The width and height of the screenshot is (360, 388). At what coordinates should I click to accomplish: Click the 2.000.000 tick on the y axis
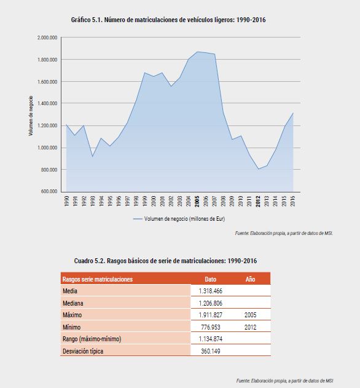(47, 38)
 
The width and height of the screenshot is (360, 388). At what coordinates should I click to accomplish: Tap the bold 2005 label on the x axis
(197, 202)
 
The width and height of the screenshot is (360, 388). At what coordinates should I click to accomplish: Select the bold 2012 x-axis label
(258, 202)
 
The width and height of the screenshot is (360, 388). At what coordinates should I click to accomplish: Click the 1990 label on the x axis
(66, 202)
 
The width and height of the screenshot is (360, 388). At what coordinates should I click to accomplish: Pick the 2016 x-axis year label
(293, 202)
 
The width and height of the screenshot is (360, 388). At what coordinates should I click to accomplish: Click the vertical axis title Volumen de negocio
(31, 116)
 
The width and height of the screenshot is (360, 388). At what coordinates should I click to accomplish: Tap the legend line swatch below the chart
(138, 219)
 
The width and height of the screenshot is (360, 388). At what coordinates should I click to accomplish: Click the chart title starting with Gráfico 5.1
(168, 20)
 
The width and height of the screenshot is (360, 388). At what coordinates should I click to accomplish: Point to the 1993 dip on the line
(93, 156)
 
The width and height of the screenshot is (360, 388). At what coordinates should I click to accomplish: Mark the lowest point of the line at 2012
(259, 169)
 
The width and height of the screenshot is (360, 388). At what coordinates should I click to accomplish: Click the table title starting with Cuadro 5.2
(165, 261)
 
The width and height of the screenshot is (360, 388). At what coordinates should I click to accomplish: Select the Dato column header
(211, 279)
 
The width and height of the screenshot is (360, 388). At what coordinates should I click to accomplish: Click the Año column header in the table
(250, 279)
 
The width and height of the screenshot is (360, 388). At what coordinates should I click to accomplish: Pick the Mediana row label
(73, 303)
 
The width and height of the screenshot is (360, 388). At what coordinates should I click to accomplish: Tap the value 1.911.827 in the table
(211, 315)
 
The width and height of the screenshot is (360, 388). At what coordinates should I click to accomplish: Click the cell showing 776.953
(211, 327)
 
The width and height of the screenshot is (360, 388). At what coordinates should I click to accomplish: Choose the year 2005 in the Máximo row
(250, 315)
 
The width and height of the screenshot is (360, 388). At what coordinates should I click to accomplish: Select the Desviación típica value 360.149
(211, 351)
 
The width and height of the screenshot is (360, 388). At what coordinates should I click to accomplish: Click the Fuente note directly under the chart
(284, 233)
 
